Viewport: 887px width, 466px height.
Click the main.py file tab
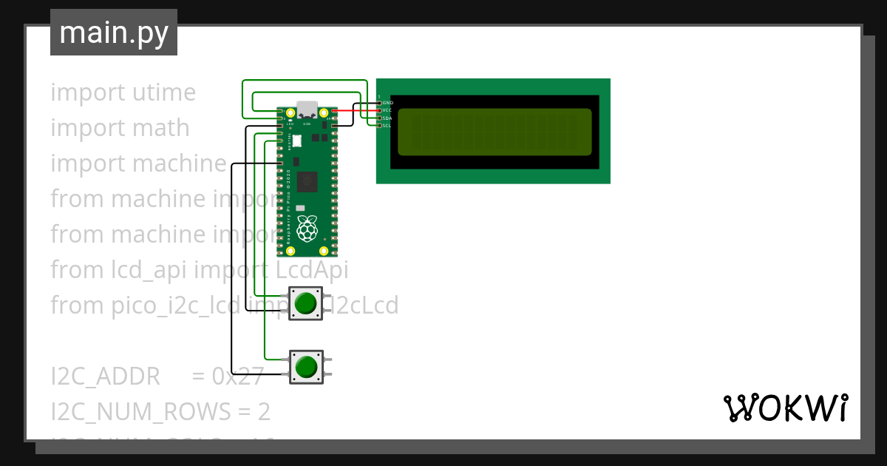point(113,33)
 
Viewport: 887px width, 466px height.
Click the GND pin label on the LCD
point(388,103)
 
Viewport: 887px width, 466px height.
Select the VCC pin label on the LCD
point(387,110)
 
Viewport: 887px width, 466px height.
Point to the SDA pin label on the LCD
point(387,118)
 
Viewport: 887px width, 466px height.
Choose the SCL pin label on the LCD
point(387,126)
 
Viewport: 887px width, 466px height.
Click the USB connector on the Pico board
point(307,109)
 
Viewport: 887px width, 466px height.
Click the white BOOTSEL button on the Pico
point(296,141)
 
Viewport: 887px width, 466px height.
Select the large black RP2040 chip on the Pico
point(307,182)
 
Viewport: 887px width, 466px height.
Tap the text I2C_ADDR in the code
point(105,376)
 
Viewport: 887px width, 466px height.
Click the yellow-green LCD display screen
point(495,132)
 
